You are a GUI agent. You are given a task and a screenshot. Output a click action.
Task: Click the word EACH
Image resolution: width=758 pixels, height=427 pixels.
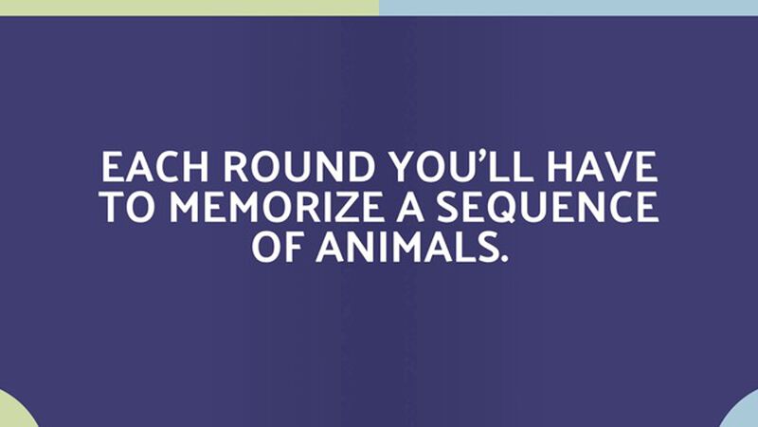pos(154,167)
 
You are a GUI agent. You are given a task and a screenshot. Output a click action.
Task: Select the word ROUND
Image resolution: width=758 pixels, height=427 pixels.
pos(298,167)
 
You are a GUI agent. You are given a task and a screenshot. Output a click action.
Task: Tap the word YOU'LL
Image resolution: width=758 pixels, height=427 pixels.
pos(461,167)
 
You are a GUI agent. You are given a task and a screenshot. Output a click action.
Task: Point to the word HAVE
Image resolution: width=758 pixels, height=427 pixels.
pos(603,167)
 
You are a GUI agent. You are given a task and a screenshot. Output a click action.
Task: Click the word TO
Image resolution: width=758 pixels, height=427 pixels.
pos(131,207)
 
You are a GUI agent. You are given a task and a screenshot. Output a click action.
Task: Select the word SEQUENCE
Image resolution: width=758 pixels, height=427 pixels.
pos(548,207)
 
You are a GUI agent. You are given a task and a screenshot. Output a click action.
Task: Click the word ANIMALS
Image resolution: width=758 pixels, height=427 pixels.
pos(406,247)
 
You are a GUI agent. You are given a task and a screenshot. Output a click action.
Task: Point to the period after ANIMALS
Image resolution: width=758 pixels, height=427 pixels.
pos(504,258)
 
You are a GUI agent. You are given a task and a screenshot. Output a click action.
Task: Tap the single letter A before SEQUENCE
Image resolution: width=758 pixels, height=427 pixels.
pos(410,207)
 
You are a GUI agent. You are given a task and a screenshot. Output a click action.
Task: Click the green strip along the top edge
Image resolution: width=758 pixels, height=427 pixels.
pos(189,8)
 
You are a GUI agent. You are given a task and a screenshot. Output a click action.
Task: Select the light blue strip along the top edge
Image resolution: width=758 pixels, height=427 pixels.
pos(568,8)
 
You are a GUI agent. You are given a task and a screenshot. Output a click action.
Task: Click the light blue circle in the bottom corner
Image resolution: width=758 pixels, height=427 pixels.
pos(742,412)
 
